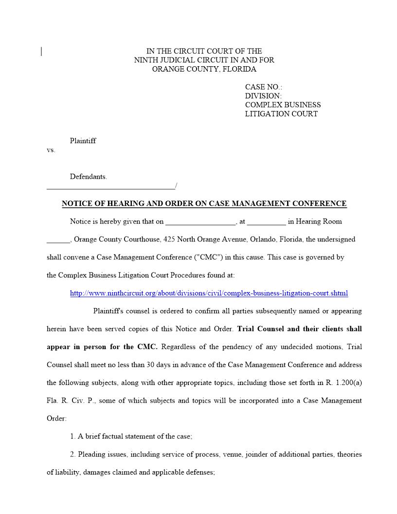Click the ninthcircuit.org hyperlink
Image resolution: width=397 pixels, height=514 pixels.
click(x=209, y=293)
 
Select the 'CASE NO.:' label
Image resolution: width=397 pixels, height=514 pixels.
click(x=263, y=87)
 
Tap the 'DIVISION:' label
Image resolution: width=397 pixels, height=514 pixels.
click(x=263, y=96)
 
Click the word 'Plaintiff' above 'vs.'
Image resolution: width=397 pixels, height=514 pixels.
click(x=83, y=141)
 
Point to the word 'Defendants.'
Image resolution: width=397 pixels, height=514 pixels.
click(x=88, y=177)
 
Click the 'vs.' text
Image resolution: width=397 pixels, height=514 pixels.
click(x=51, y=150)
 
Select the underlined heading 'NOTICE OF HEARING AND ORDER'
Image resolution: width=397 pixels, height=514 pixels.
click(x=204, y=203)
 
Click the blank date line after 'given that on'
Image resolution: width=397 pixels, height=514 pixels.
click(x=200, y=222)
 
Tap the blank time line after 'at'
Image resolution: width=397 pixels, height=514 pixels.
click(x=266, y=222)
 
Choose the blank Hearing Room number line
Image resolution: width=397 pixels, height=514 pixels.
click(x=58, y=240)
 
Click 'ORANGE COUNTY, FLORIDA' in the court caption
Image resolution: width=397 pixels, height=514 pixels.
click(x=204, y=69)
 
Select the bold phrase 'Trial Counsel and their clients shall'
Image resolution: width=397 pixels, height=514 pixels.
click(x=299, y=329)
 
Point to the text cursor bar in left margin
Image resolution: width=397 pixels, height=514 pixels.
click(x=41, y=51)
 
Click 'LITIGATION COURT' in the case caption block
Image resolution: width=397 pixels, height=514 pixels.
click(x=281, y=114)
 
